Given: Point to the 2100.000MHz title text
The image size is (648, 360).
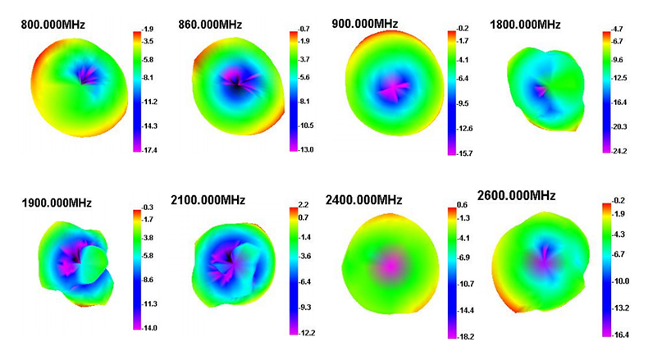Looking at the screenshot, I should click(208, 200).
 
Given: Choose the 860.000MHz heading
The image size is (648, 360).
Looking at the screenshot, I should click(210, 25).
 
